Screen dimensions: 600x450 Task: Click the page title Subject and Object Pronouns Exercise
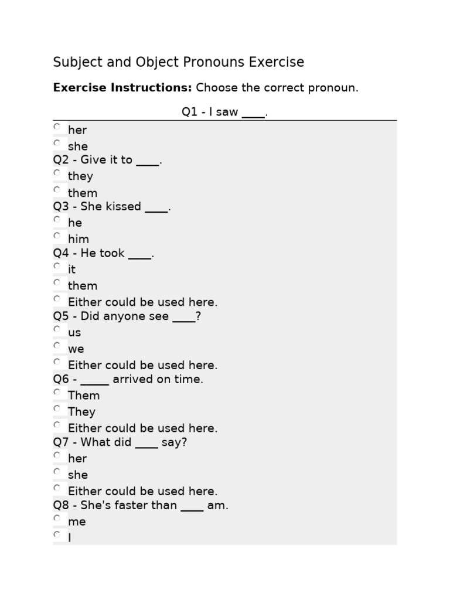click(179, 62)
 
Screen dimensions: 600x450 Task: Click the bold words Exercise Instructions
click(122, 88)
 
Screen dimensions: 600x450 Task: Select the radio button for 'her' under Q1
click(57, 127)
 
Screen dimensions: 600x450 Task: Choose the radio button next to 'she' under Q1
click(57, 143)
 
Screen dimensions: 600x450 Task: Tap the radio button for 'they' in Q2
click(57, 173)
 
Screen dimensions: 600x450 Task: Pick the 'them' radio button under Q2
click(57, 189)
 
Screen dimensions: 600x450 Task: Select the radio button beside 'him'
click(57, 236)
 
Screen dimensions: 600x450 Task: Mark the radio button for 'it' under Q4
click(57, 266)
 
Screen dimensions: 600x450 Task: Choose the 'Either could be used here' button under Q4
click(57, 299)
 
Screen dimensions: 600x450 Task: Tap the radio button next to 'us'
click(57, 329)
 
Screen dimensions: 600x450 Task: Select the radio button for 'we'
click(57, 346)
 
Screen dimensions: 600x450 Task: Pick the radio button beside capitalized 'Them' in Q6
click(57, 392)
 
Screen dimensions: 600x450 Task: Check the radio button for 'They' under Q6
click(57, 408)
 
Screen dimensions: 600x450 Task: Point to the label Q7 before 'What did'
click(61, 442)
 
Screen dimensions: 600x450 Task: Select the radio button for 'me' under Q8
click(57, 518)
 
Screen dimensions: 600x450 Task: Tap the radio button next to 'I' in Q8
click(57, 534)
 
